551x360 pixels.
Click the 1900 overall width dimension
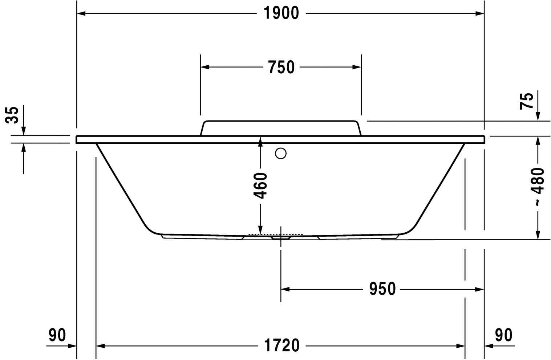click(x=281, y=13)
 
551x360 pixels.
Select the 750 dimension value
click(x=281, y=67)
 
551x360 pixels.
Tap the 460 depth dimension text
click(x=260, y=186)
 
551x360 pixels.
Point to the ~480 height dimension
click(x=538, y=187)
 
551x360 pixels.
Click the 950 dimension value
click(x=382, y=289)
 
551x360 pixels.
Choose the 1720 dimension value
click(x=281, y=345)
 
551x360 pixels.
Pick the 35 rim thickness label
click(x=13, y=115)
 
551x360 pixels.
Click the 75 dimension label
click(x=527, y=101)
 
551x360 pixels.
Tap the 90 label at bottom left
click(x=57, y=335)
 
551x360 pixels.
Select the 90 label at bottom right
click(x=504, y=335)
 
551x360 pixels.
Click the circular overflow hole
click(x=281, y=154)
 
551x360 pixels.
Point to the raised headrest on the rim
click(x=281, y=128)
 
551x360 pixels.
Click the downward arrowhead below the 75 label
click(x=538, y=116)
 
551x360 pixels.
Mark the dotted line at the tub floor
click(x=275, y=234)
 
